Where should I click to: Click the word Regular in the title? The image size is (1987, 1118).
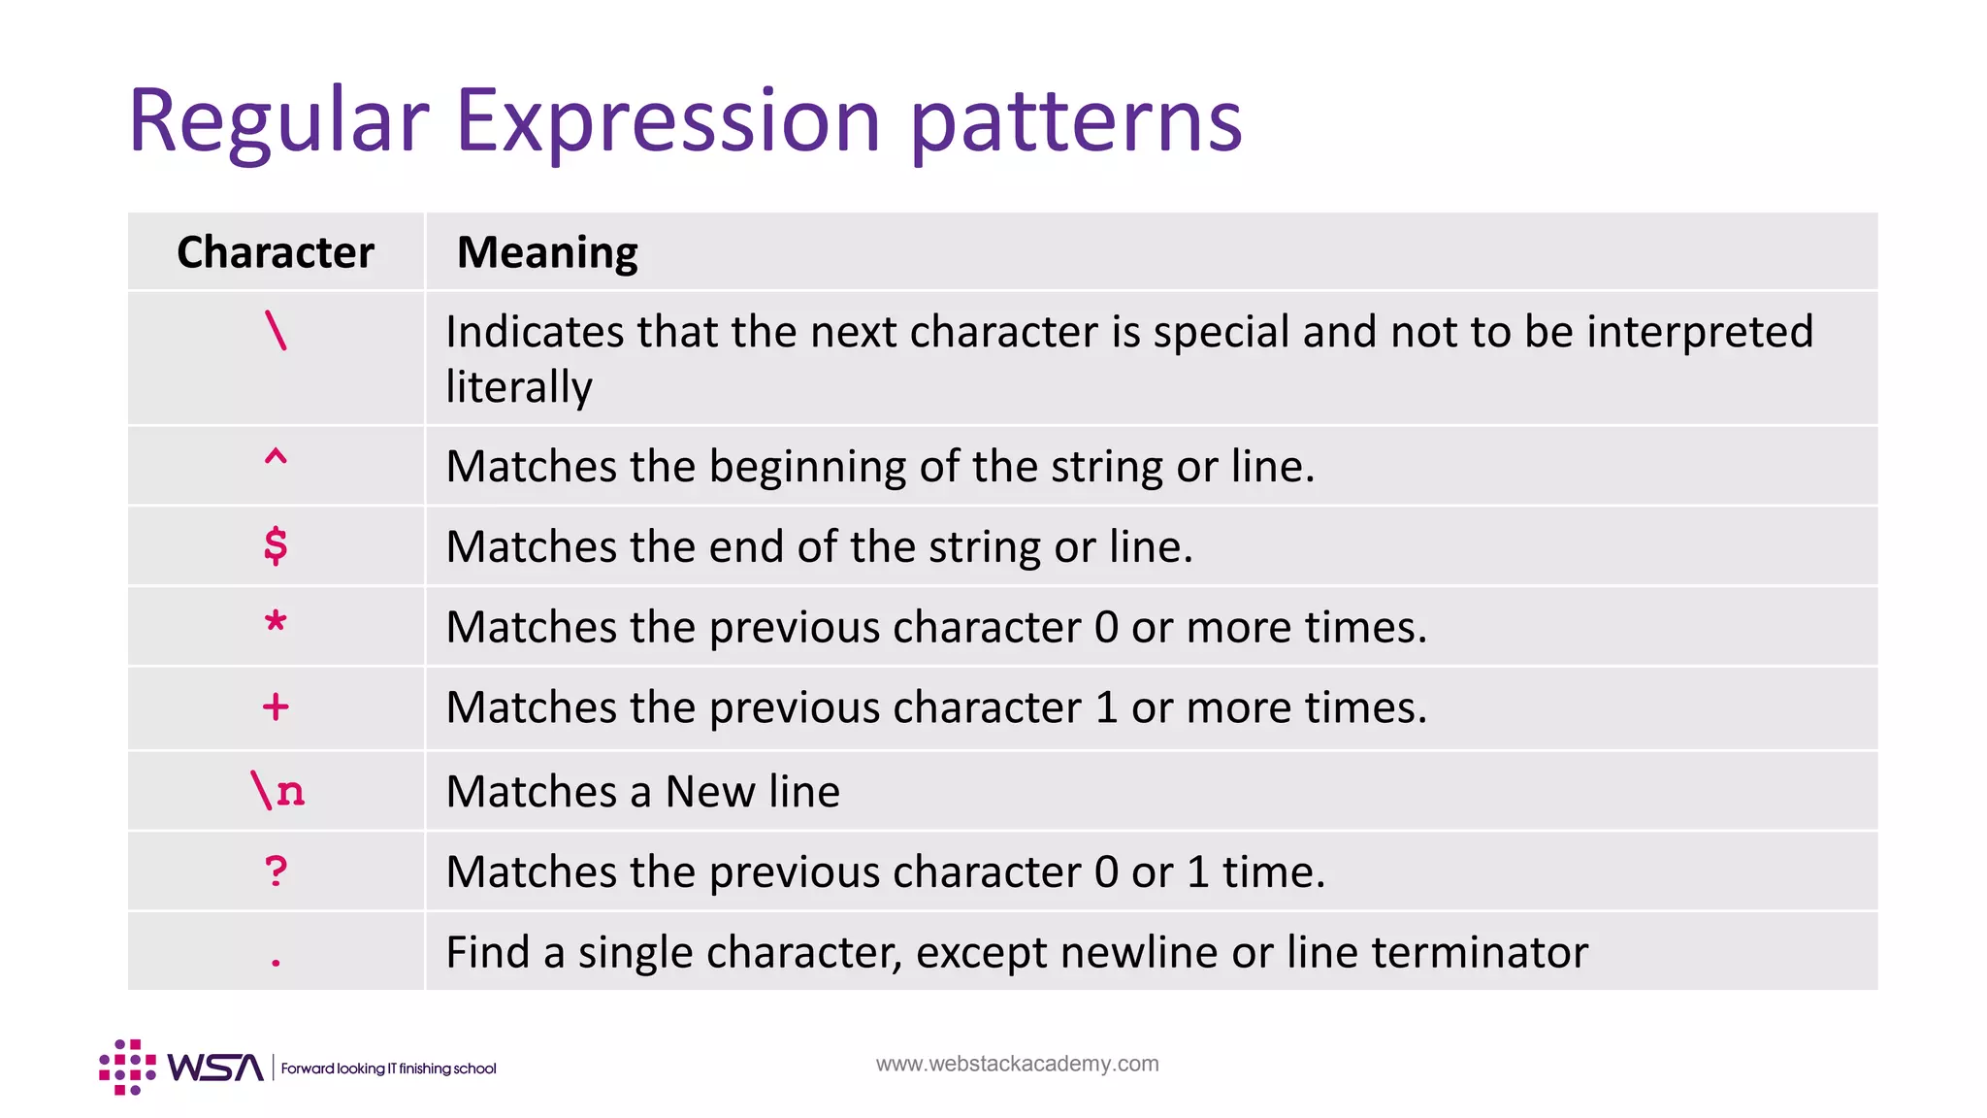point(278,122)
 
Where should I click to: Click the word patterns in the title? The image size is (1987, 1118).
point(1076,122)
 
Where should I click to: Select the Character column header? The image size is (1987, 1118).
point(276,252)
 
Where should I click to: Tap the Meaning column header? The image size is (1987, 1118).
point(547,252)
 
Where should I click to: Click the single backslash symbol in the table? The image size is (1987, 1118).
point(277,331)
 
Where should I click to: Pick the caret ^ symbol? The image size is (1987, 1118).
point(276,458)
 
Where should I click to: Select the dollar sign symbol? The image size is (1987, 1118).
point(276,545)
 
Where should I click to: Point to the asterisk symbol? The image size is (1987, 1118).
point(276,621)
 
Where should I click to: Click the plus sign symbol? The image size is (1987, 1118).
point(276,707)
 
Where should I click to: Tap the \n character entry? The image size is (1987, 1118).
point(277,791)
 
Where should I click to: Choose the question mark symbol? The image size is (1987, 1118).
point(276,871)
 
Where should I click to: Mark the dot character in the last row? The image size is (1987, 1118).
point(277,962)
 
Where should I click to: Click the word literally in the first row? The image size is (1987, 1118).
point(519,387)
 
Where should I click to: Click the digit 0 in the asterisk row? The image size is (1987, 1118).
point(1106,627)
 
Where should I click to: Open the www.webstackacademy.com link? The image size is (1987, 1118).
point(1017,1064)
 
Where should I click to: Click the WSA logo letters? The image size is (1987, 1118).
point(215,1068)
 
